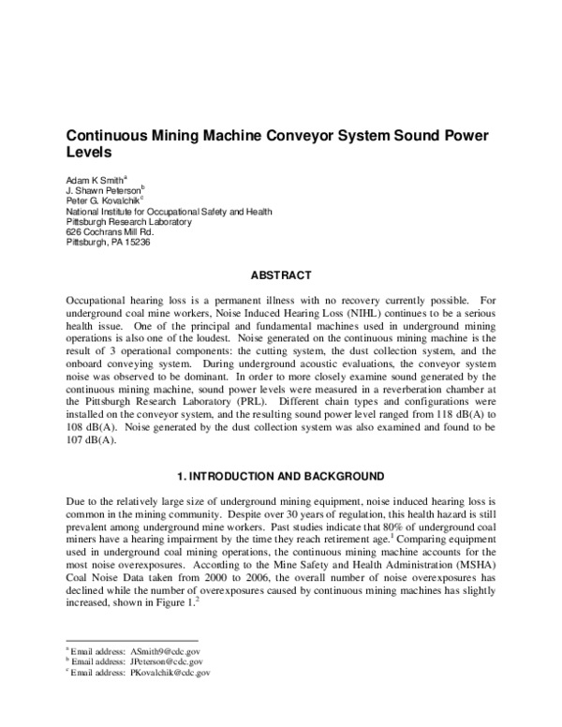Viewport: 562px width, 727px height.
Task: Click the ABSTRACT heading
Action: coord(280,276)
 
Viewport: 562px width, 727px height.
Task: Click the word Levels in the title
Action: coord(89,151)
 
